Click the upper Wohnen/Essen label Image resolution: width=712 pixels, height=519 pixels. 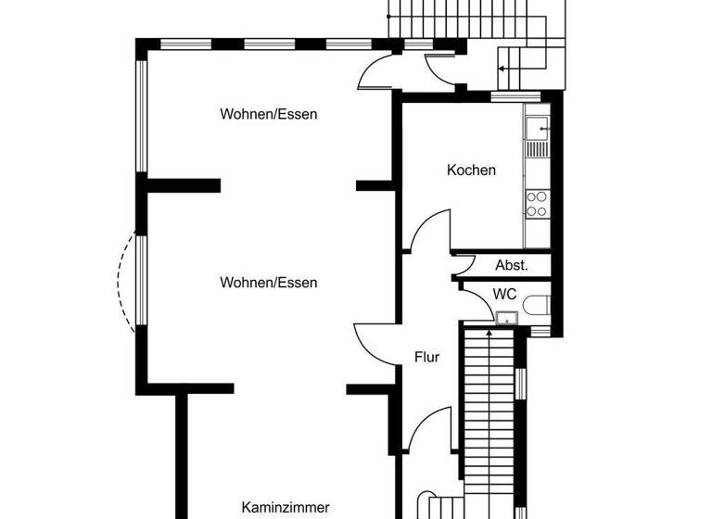(268, 115)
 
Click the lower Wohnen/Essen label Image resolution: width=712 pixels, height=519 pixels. (268, 283)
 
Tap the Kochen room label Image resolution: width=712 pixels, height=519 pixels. (471, 171)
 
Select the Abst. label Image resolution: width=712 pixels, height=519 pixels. (511, 265)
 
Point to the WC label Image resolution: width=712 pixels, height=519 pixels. (504, 294)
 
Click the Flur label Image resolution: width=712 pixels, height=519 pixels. (426, 357)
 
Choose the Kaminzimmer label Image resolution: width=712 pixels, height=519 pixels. (286, 508)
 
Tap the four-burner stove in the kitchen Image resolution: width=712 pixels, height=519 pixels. (537, 204)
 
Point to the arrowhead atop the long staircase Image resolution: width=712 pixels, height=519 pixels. (489, 331)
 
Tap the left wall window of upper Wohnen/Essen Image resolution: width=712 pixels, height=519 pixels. (141, 116)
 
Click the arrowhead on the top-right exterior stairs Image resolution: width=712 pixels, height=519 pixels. (502, 69)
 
